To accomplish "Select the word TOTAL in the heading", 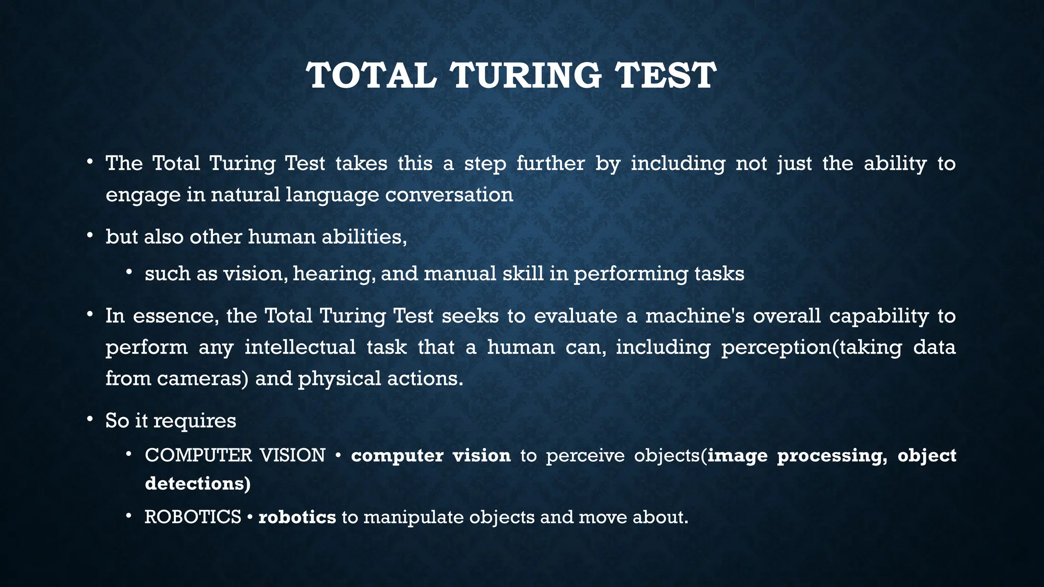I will pos(372,75).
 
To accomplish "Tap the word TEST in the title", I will pos(665,75).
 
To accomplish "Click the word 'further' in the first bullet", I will pos(551,164).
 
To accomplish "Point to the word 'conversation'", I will pos(449,195).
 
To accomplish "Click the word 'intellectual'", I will pos(300,348).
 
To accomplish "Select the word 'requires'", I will pos(195,421).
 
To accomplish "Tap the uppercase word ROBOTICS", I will pos(193,517).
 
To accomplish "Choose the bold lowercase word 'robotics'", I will pos(297,517).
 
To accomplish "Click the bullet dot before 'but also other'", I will pos(90,235).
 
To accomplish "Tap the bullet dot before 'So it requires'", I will pos(90,419).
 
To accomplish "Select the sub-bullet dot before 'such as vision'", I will pos(129,272).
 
